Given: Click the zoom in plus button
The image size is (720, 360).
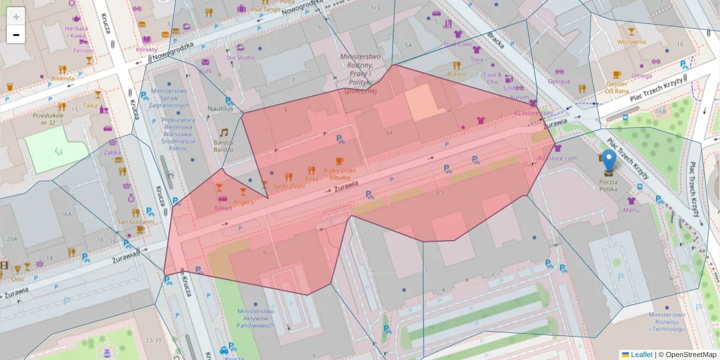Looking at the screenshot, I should click(16, 16).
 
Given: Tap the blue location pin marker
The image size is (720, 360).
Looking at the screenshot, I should click(608, 160).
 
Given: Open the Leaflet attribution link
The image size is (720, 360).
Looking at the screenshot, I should click(641, 355).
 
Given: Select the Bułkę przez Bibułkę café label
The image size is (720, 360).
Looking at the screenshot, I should click(340, 174).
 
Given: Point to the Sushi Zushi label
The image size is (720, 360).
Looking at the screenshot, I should click(289, 186).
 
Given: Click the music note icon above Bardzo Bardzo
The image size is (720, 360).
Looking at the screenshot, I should click(224, 133).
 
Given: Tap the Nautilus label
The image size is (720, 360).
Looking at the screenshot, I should click(220, 109).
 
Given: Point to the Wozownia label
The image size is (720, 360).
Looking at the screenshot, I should click(631, 41).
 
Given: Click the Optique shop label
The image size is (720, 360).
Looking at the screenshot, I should click(559, 81).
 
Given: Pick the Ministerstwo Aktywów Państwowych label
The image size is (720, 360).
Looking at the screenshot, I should click(256, 319).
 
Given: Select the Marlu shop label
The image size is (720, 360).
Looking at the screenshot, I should click(631, 209).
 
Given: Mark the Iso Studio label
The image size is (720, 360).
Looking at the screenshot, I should click(240, 58).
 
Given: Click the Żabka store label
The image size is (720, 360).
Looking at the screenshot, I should click(112, 152).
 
